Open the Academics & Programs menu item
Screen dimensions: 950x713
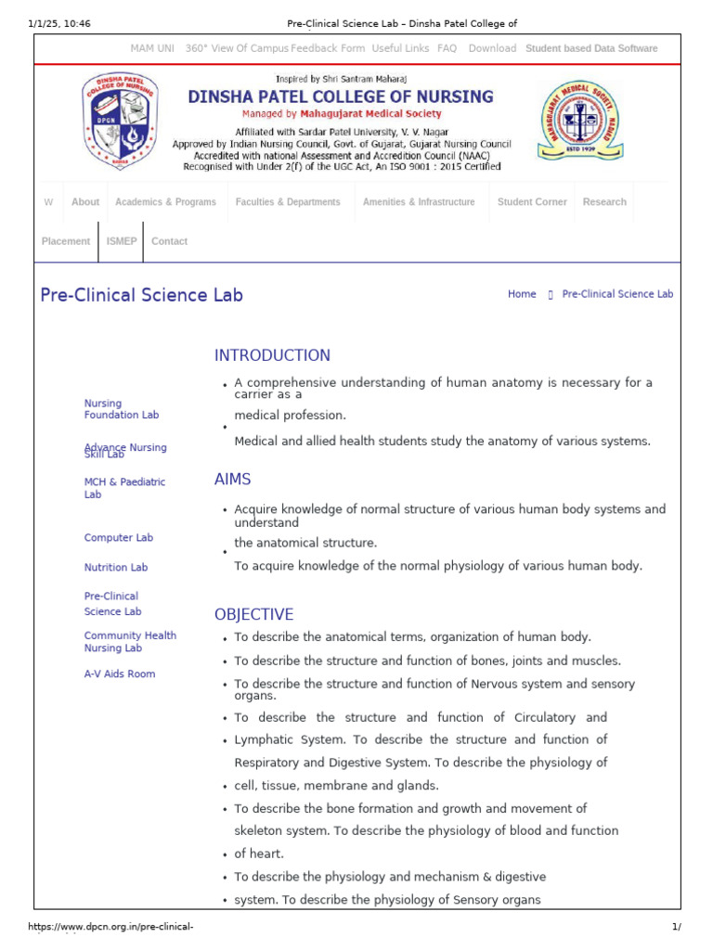click(165, 201)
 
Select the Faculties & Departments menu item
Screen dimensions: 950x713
click(288, 201)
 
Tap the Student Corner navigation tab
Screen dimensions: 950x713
click(532, 201)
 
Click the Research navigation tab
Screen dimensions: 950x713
click(604, 201)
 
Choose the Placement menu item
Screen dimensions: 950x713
click(66, 241)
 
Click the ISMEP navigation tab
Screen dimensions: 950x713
click(122, 241)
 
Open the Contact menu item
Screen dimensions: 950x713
click(169, 241)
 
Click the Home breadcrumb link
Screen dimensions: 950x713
click(522, 294)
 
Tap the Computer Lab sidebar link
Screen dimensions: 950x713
click(118, 538)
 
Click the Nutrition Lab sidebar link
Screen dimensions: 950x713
click(115, 567)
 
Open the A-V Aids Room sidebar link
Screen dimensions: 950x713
click(120, 674)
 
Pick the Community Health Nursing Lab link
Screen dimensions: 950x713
click(130, 642)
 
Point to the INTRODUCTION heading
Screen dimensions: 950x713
click(272, 355)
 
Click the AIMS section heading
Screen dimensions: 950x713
click(232, 480)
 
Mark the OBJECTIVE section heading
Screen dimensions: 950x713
click(253, 614)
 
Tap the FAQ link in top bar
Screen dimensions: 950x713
click(447, 48)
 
